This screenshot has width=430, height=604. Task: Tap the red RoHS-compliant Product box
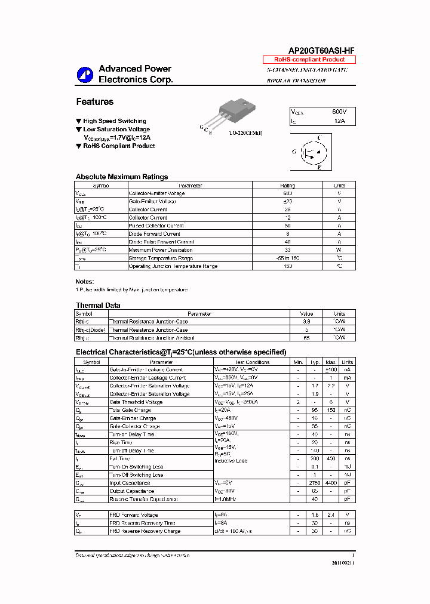click(309, 60)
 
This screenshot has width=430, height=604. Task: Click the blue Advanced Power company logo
click(85, 75)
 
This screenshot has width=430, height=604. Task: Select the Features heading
click(94, 102)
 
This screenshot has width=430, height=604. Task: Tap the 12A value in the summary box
click(339, 121)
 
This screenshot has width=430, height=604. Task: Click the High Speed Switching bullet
click(114, 121)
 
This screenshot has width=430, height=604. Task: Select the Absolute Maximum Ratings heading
click(122, 177)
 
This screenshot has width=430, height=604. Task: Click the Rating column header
click(287, 186)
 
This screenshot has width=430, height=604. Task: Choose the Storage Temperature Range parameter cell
click(161, 258)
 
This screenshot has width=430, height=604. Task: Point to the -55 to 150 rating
click(287, 258)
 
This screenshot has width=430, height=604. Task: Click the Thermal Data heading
click(98, 306)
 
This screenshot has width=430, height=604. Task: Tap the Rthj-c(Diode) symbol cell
click(90, 330)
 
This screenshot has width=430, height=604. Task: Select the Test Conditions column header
click(252, 362)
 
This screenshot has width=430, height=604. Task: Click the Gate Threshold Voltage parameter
click(136, 402)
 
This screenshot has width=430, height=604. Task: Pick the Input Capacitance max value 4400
click(331, 483)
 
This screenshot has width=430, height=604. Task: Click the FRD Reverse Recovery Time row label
click(142, 523)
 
